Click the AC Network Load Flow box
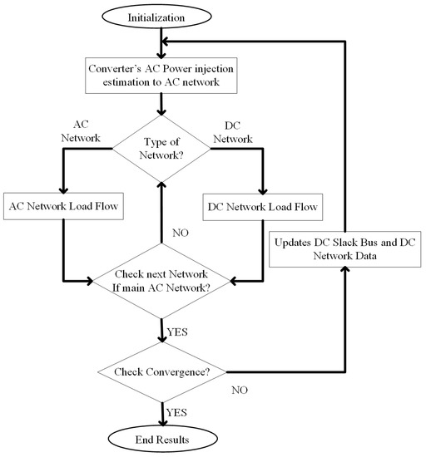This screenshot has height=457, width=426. (x=65, y=205)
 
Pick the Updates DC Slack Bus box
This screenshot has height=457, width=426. (x=343, y=251)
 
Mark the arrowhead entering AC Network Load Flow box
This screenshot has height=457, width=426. (x=65, y=189)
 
